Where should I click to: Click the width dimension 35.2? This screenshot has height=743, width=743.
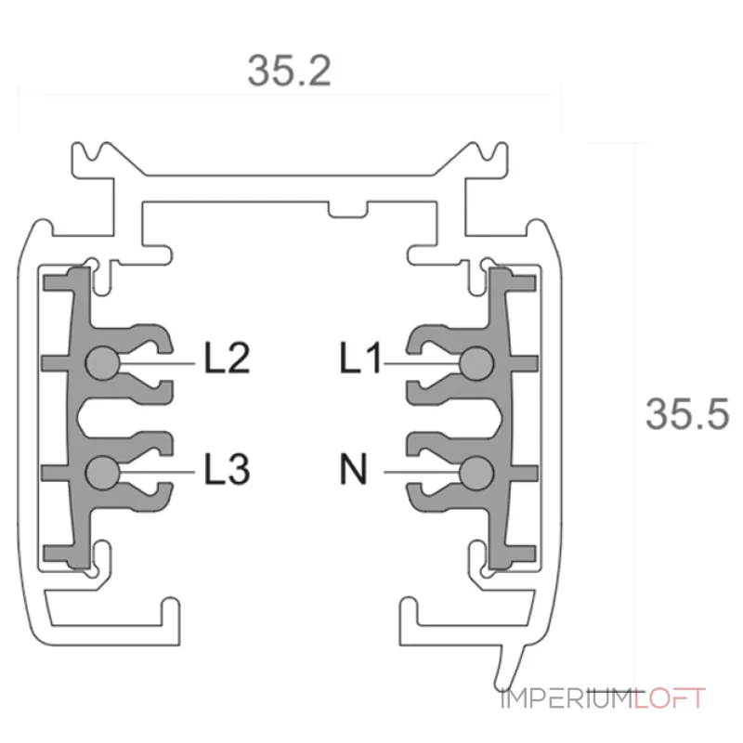tap(289, 72)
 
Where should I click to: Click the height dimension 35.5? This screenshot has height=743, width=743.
tap(687, 414)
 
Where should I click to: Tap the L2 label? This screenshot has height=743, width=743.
tap(227, 358)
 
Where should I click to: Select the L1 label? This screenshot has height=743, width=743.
tap(360, 358)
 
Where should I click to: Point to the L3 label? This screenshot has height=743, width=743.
tap(227, 469)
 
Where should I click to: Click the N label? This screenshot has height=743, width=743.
tap(354, 469)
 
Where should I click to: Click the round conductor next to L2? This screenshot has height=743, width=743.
tap(103, 363)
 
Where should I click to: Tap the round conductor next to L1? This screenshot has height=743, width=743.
tap(476, 363)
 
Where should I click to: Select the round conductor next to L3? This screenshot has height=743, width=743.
tap(103, 473)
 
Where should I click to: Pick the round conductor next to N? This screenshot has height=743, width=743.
tap(476, 473)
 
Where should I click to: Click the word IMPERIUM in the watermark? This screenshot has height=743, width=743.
tap(567, 698)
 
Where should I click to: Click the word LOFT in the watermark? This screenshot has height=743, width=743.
tap(670, 698)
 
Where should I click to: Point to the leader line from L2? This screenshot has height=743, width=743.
tap(157, 363)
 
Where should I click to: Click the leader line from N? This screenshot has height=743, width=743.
tap(422, 473)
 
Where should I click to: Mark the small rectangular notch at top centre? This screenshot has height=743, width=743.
tap(348, 210)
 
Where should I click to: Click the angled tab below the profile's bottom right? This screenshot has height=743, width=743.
tap(511, 666)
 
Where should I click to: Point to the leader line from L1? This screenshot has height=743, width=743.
tap(422, 363)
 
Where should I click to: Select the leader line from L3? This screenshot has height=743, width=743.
tap(157, 473)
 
